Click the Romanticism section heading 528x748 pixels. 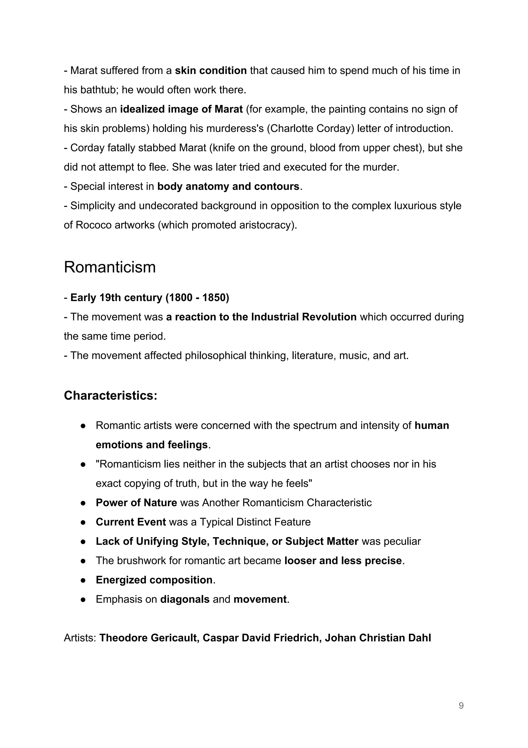[110, 267]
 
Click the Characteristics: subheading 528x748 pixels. [111, 396]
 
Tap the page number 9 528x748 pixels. [461, 706]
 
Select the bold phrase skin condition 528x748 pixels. [211, 71]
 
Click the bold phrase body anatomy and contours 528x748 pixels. [228, 186]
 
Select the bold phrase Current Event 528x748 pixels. [131, 522]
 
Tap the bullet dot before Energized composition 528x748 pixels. [83, 580]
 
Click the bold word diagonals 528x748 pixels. [185, 600]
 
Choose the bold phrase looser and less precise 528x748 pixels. [343, 561]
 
